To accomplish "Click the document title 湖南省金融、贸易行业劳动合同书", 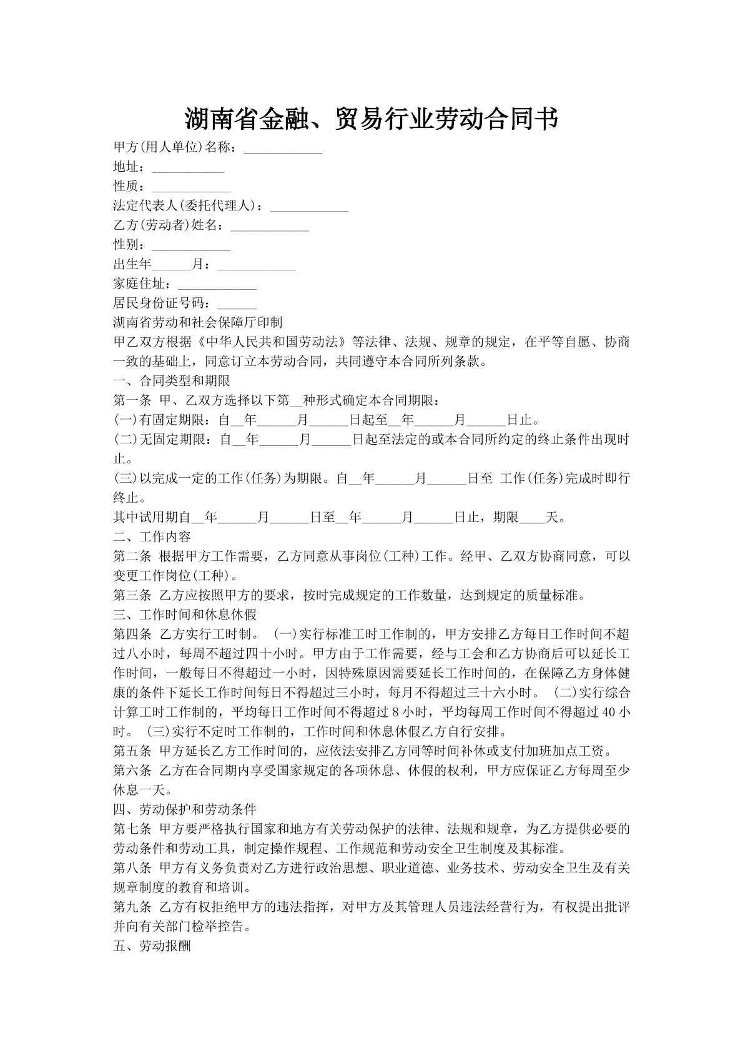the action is tap(371, 119).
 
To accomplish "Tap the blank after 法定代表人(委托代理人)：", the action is tap(308, 207).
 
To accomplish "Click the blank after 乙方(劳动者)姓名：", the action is tap(270, 227).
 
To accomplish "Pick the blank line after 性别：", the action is tap(191, 246).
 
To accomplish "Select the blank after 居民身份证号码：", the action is tap(237, 305).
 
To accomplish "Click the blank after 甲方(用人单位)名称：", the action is tap(282, 149).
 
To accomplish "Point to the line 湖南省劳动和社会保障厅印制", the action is tap(197, 323).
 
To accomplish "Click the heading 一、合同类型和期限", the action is tap(171, 381).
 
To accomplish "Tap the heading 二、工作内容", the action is tap(152, 536).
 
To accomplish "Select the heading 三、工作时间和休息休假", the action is tap(184, 614).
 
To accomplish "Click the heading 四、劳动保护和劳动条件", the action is tap(184, 809).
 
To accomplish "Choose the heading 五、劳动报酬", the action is tap(152, 946).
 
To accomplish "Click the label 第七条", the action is tap(132, 829).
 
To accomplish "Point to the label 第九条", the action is tap(132, 907).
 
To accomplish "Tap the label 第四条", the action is tap(132, 634).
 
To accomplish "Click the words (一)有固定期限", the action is tap(159, 420).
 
